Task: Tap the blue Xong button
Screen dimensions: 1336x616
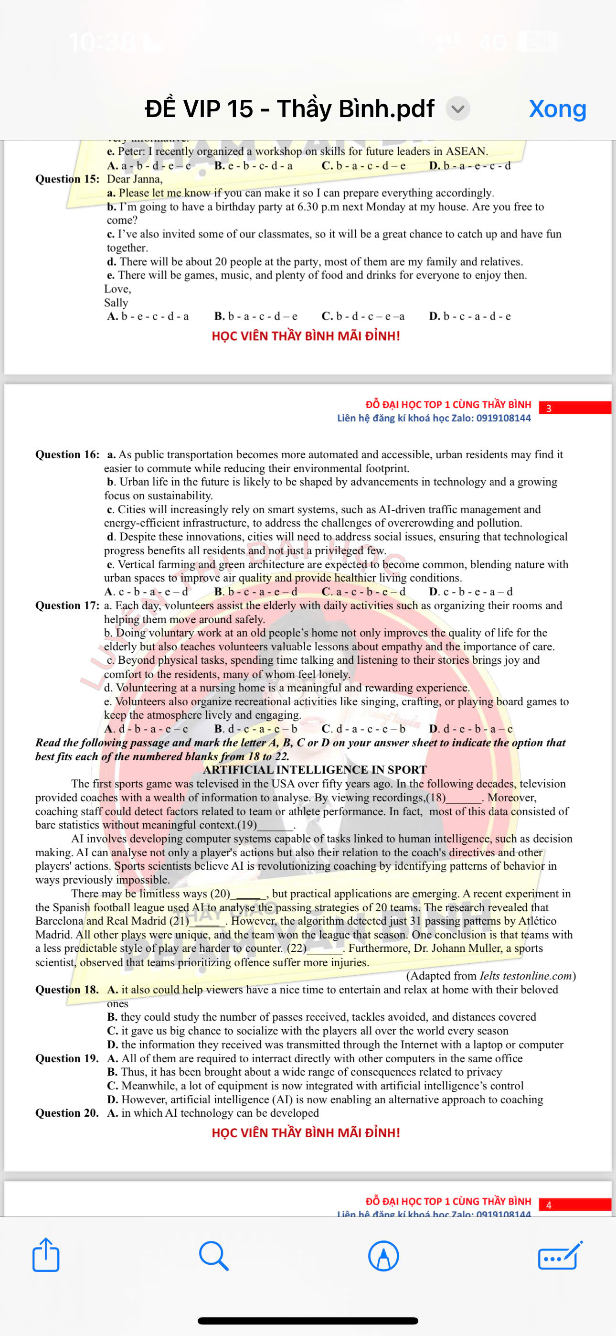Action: tap(557, 109)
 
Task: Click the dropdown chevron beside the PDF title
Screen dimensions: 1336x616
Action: tap(457, 109)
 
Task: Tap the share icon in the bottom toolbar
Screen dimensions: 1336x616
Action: tap(46, 1255)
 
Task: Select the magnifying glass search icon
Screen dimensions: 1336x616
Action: tap(213, 1255)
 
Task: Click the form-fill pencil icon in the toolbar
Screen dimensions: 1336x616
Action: tap(560, 1256)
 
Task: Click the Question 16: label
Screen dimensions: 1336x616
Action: tap(67, 454)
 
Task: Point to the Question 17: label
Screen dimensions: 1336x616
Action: tap(67, 605)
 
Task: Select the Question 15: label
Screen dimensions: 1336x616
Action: tap(67, 179)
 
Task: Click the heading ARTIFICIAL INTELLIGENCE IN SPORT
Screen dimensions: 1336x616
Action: tap(315, 770)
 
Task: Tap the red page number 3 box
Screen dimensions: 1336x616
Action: tap(574, 408)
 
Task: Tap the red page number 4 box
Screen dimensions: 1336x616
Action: tap(574, 1205)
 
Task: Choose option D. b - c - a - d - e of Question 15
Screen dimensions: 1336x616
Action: tap(470, 316)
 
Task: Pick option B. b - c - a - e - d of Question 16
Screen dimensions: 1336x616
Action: tap(256, 591)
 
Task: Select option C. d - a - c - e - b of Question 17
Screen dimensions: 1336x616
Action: tap(363, 729)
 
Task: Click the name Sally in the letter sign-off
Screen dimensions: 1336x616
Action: tap(116, 302)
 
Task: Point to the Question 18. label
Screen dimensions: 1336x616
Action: tap(67, 990)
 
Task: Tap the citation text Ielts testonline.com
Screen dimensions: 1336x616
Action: tap(525, 976)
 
